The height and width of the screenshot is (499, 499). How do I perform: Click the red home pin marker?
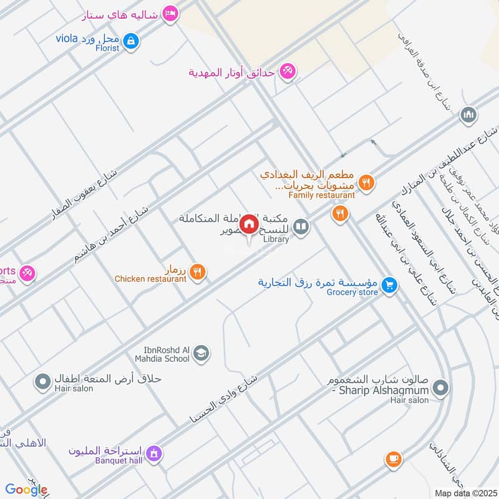(x=249, y=224)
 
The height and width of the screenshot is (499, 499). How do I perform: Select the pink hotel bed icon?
(x=170, y=13)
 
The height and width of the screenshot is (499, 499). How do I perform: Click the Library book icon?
(x=301, y=226)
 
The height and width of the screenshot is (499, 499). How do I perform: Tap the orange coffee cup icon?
(x=392, y=460)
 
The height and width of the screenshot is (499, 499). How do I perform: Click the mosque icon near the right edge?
(x=468, y=115)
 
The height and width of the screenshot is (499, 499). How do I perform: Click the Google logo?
(x=26, y=490)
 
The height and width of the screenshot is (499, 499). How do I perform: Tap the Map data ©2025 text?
(x=465, y=492)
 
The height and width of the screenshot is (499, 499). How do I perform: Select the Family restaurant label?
(x=321, y=195)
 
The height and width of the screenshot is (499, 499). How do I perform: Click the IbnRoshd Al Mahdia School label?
(x=162, y=354)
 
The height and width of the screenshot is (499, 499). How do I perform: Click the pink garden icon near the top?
(x=286, y=71)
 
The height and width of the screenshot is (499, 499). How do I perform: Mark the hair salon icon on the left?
(x=43, y=380)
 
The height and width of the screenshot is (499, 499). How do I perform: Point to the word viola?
(x=65, y=39)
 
